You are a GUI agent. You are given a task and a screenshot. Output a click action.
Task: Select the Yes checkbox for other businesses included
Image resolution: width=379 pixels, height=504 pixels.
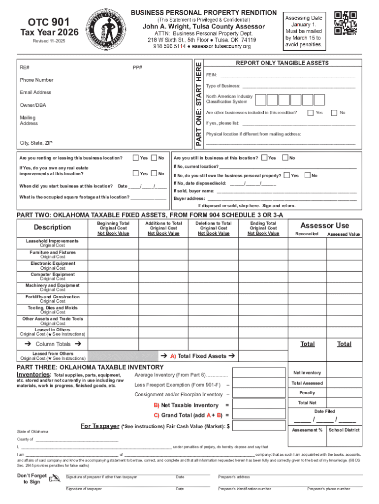pos(310,113)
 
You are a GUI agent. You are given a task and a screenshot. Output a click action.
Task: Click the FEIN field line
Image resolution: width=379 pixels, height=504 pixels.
pos(287,76)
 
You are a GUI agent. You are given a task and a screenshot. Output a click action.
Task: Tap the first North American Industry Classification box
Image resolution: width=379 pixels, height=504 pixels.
pos(260,100)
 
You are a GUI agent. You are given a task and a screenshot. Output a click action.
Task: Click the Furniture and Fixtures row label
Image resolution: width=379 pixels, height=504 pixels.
pos(52,252)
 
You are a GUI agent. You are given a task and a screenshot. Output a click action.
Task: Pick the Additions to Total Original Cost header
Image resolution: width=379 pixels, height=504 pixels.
pos(163,228)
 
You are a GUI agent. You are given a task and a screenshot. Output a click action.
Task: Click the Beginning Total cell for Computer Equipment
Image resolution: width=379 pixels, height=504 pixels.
pos(113,277)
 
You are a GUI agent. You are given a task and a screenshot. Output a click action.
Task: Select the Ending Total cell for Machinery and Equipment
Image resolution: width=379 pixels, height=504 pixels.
pos(263,287)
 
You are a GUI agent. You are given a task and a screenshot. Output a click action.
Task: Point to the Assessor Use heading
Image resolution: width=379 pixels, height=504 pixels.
pos(324,225)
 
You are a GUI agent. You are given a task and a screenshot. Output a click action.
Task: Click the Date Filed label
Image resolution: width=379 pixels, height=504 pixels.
pos(324,411)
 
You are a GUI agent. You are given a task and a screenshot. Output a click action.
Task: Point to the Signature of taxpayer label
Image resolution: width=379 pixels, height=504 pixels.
pos(84,489)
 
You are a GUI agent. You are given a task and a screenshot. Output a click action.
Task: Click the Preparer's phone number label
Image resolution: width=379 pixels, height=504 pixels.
pos(329,489)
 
